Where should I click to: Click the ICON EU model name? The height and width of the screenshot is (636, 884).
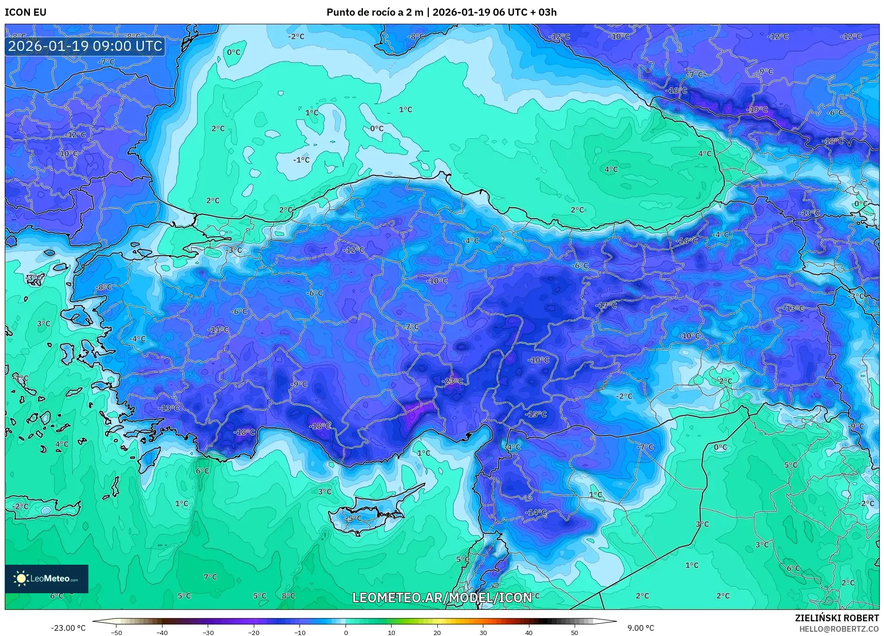point(26,12)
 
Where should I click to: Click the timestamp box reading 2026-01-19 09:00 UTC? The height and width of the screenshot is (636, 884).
point(85,47)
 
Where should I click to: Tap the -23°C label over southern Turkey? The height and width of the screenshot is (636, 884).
point(452,381)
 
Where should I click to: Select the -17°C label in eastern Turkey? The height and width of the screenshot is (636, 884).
point(606,305)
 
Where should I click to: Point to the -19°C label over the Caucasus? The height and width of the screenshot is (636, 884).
point(757,109)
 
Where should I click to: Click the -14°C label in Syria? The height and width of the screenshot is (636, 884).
point(536,512)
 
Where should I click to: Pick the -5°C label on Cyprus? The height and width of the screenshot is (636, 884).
point(354,518)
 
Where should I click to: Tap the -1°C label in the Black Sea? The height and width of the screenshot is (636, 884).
point(301,160)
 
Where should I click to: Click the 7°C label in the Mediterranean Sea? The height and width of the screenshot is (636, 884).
point(210,577)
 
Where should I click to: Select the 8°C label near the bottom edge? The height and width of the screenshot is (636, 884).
point(288,596)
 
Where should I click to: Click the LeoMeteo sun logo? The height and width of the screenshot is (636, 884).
point(21,578)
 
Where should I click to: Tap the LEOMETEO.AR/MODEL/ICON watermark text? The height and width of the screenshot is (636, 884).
point(442,597)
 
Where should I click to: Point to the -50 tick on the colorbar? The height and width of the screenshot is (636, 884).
point(116,632)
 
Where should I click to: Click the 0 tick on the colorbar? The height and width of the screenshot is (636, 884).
point(346,632)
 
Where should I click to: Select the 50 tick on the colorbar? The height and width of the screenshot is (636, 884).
point(575,632)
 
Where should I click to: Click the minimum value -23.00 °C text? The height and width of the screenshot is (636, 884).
point(68,628)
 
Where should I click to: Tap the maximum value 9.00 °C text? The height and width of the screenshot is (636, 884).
point(640,628)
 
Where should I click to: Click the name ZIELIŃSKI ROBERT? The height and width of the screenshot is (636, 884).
point(836,618)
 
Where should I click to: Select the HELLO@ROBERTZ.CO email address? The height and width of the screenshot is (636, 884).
point(839,629)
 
